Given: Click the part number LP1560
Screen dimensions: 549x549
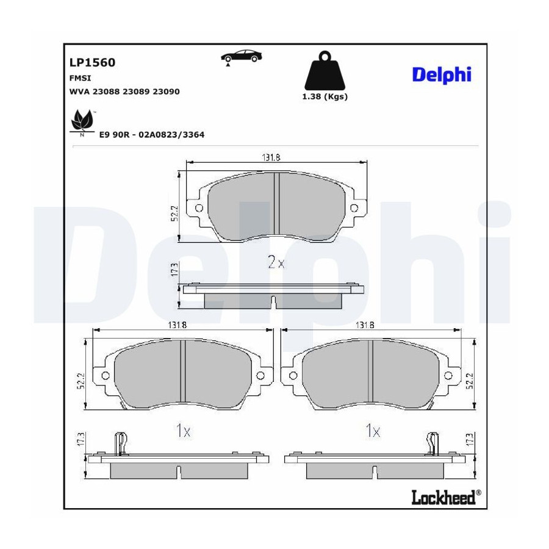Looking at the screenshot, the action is pyautogui.click(x=92, y=62).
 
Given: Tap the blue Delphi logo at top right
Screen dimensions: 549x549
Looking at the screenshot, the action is pyautogui.click(x=442, y=75).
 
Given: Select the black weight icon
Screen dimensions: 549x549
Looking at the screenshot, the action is pyautogui.click(x=325, y=71).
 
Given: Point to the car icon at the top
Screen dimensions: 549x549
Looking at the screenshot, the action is pyautogui.click(x=241, y=57).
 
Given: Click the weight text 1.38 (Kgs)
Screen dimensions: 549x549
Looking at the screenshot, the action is pyautogui.click(x=325, y=96).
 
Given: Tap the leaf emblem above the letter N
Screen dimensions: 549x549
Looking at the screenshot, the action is pyautogui.click(x=82, y=121).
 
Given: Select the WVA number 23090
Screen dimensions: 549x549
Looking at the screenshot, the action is pyautogui.click(x=167, y=91).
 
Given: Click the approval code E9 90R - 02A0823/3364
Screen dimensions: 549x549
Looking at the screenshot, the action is pyautogui.click(x=152, y=135).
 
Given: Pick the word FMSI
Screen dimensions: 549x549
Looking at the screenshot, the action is pyautogui.click(x=80, y=79).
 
